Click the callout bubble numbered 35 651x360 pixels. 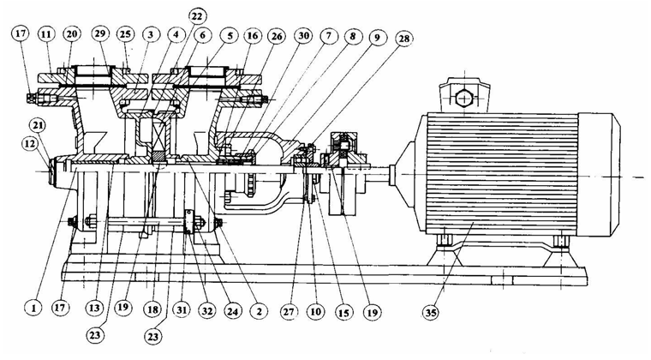pyautogui.click(x=430, y=311)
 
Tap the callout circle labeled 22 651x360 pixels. pyautogui.click(x=196, y=17)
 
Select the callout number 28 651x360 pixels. pyautogui.click(x=403, y=39)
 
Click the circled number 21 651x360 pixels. pyautogui.click(x=38, y=126)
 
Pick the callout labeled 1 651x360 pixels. pyautogui.click(x=33, y=308)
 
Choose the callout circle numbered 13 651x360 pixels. pyautogui.click(x=95, y=308)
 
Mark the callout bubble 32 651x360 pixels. pyautogui.click(x=206, y=309)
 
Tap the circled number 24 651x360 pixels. pyautogui.click(x=232, y=309)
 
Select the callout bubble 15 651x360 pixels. pyautogui.click(x=343, y=311)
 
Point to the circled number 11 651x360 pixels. pyautogui.click(x=46, y=33)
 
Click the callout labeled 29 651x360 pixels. pyautogui.click(x=99, y=33)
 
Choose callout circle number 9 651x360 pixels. pyautogui.click(x=377, y=37)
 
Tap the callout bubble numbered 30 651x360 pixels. pyautogui.click(x=303, y=36)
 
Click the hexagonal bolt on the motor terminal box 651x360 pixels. pyautogui.click(x=463, y=99)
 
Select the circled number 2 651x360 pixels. pyautogui.click(x=260, y=310)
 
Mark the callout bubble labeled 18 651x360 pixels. pyautogui.click(x=152, y=309)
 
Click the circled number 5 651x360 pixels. pyautogui.click(x=230, y=35)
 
